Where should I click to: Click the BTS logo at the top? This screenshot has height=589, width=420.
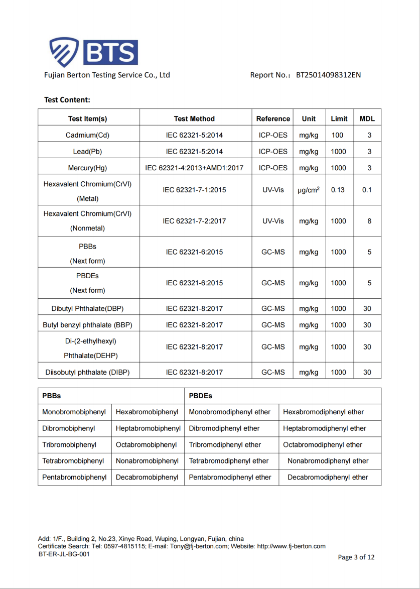(x=93, y=52)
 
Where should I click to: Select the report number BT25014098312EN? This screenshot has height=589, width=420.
(x=328, y=75)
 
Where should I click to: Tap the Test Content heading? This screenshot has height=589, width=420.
(x=67, y=100)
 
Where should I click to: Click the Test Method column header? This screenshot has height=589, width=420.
(x=194, y=119)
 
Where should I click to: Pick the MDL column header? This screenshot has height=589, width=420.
(x=367, y=119)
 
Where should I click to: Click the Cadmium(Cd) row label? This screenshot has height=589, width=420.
(x=87, y=135)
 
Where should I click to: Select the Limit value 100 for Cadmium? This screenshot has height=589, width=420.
(x=338, y=135)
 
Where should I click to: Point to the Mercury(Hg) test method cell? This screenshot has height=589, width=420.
(x=194, y=168)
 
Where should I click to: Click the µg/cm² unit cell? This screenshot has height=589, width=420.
(x=309, y=190)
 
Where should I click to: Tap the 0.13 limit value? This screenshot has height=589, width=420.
(x=338, y=190)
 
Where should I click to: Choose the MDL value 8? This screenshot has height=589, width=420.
(x=369, y=221)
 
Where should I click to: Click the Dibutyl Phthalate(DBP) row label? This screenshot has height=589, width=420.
(x=87, y=309)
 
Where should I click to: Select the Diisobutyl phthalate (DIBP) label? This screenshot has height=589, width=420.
(x=87, y=372)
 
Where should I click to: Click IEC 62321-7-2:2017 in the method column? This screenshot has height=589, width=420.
(x=194, y=221)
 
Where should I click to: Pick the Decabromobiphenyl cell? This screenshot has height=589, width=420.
(x=147, y=478)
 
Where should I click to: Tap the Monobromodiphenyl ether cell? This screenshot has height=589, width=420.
(x=229, y=412)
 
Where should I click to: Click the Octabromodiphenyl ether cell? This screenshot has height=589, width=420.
(x=323, y=445)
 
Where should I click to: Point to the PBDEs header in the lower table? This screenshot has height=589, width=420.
(x=200, y=396)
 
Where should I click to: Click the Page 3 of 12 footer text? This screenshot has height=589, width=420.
(x=356, y=557)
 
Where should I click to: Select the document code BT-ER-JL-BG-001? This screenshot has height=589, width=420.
(x=64, y=554)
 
